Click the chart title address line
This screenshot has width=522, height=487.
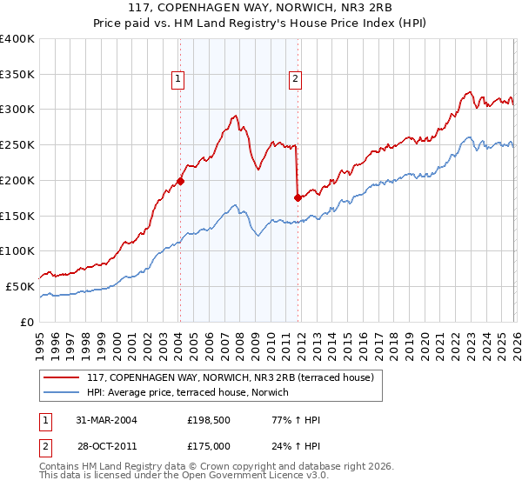(x=261, y=8)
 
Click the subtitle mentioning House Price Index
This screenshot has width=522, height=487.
(x=261, y=23)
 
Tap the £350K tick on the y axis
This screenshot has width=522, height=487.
(x=17, y=75)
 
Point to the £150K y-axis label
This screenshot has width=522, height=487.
(x=17, y=216)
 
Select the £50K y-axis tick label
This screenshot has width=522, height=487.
(x=20, y=286)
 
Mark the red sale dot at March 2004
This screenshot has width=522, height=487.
(x=180, y=182)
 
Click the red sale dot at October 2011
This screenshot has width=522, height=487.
(x=298, y=197)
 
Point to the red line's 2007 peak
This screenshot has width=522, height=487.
(x=235, y=116)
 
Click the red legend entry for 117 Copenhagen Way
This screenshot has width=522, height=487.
(x=230, y=377)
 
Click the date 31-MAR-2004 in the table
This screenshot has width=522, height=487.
(x=106, y=420)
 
